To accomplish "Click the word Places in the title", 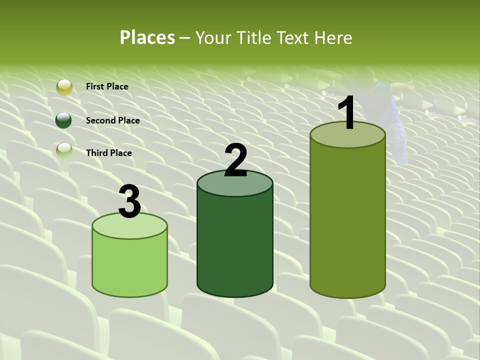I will pyautogui.click(x=147, y=37).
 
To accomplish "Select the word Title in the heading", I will pyautogui.click(x=253, y=37).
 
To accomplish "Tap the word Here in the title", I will pyautogui.click(x=333, y=37).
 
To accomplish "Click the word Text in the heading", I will pyautogui.click(x=293, y=37).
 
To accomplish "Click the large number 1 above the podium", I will pyautogui.click(x=346, y=113).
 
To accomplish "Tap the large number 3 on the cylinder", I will pyautogui.click(x=129, y=201).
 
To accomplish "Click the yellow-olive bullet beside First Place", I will pyautogui.click(x=64, y=87).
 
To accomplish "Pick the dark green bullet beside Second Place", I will pyautogui.click(x=64, y=120).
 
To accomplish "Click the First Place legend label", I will pyautogui.click(x=107, y=86).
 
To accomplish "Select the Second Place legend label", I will pyautogui.click(x=112, y=120).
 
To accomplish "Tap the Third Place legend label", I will pyautogui.click(x=109, y=153).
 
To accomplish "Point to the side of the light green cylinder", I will pyautogui.click(x=129, y=265).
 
